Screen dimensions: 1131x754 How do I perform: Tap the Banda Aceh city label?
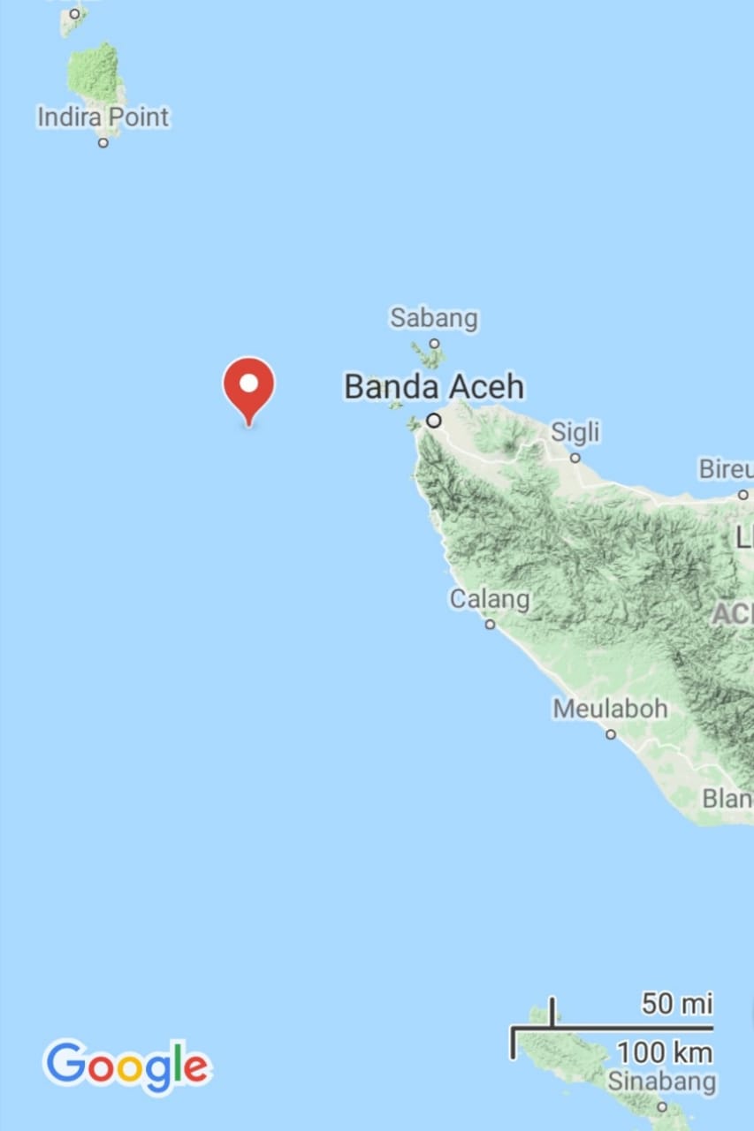433,387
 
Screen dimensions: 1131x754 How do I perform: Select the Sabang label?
434,318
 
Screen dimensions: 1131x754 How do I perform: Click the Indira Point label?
103,117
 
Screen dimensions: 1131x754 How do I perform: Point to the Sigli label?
575,432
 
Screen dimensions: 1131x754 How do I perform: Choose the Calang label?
490,599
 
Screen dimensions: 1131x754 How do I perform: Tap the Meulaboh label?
610,709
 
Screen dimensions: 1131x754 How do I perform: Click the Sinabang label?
661,1081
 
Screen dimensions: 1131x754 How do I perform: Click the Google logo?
127,1066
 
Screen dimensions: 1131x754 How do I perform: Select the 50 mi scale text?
677,1004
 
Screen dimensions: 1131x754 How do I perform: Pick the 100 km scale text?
664,1052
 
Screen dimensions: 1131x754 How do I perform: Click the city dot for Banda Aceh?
434,421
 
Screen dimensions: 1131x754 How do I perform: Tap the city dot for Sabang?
434,343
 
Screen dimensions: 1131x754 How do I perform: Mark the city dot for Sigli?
575,458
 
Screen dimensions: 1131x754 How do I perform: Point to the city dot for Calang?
490,624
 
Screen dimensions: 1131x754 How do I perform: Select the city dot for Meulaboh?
610,733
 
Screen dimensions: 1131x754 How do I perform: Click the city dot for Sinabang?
661,1106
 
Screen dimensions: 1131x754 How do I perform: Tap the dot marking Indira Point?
103,142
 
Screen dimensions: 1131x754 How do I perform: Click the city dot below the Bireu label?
743,495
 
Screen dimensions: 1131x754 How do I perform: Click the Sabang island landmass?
430,358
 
